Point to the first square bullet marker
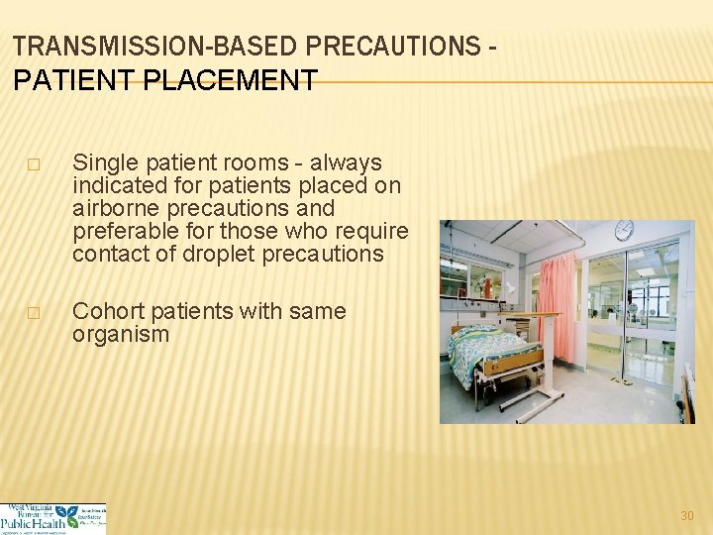click(x=35, y=164)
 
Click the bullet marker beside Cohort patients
click(x=35, y=313)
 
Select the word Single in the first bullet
click(x=104, y=162)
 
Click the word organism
click(x=120, y=334)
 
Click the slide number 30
click(x=687, y=516)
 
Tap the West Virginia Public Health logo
click(x=53, y=518)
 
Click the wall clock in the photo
click(x=624, y=231)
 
